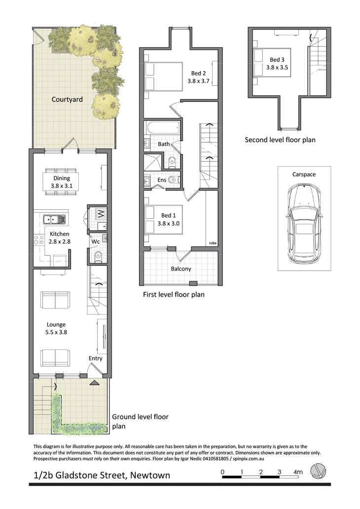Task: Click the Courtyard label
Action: click(x=67, y=100)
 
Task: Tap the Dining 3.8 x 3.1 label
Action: click(x=62, y=182)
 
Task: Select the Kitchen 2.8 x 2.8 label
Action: click(x=59, y=238)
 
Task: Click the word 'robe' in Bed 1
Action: click(x=213, y=243)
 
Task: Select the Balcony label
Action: click(x=181, y=269)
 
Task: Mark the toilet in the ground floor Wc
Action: click(x=98, y=255)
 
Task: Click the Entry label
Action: click(x=96, y=358)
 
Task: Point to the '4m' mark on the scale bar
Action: click(x=298, y=472)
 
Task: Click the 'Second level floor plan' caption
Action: click(x=280, y=140)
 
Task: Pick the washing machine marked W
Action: click(x=100, y=214)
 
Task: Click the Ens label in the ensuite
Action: click(x=162, y=180)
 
